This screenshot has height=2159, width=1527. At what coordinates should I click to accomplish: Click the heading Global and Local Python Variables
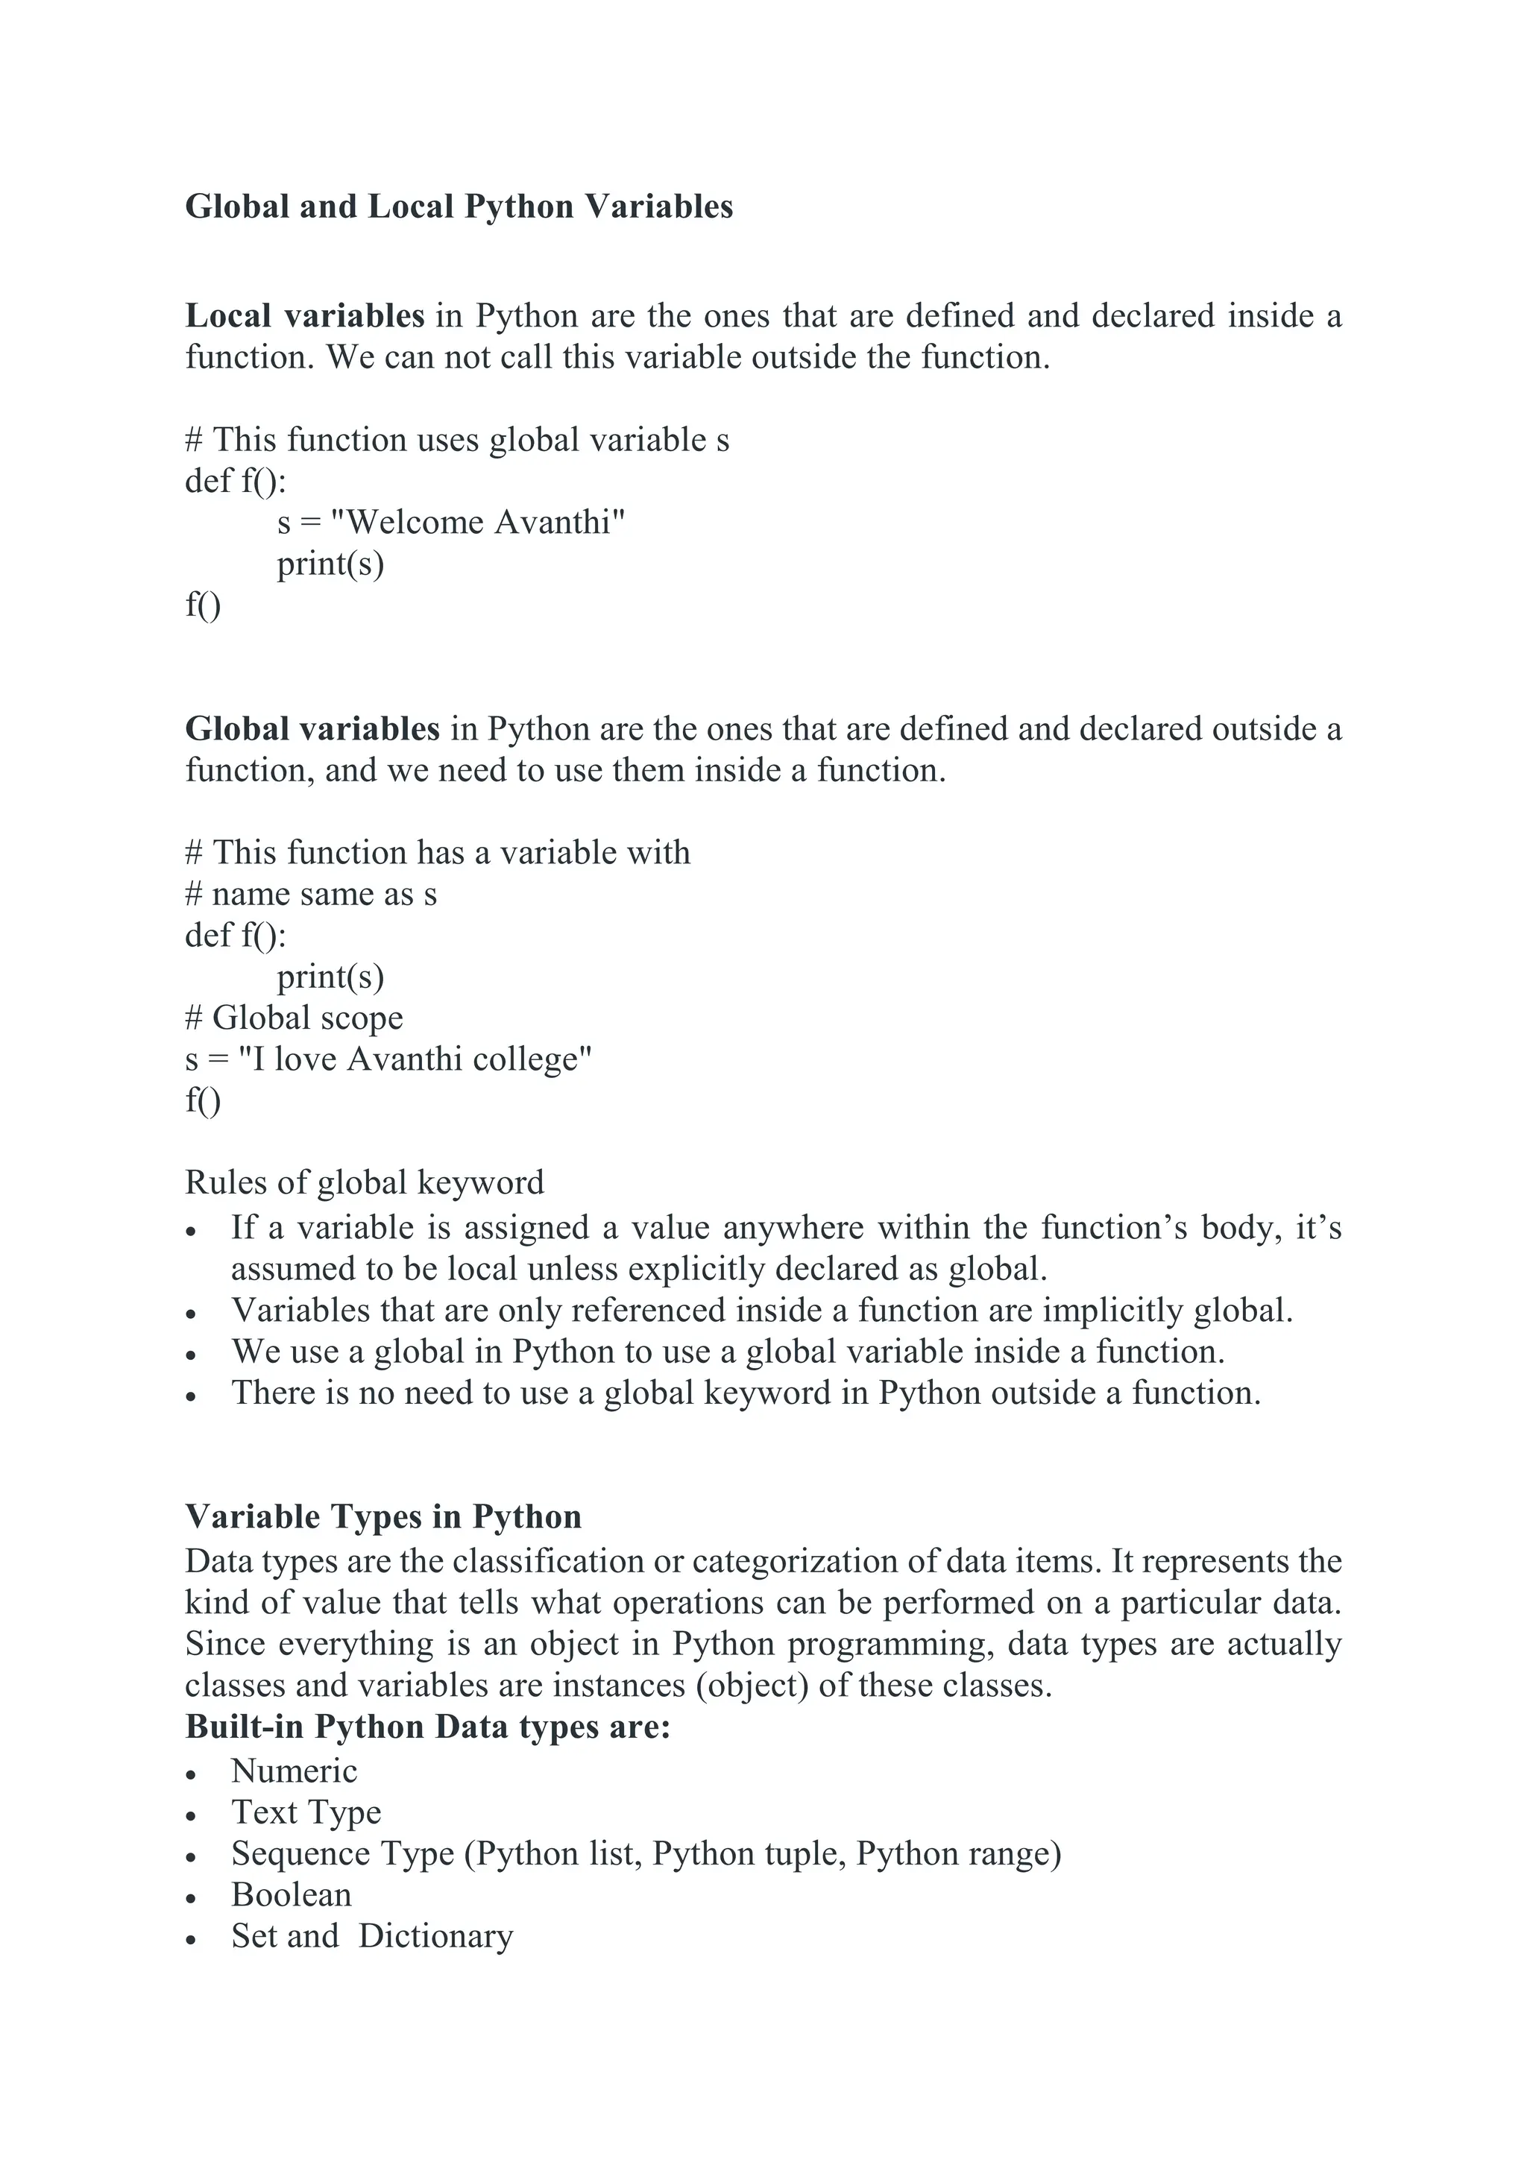(458, 207)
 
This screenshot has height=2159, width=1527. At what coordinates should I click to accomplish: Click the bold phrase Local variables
(305, 316)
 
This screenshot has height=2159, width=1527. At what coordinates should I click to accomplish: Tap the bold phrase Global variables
(312, 729)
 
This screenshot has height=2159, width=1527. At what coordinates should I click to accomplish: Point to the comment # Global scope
(295, 1018)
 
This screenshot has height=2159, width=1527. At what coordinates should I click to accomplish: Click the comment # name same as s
(311, 893)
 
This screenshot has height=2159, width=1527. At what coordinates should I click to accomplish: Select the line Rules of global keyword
(364, 1182)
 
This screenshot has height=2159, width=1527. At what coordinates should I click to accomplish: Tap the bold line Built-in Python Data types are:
(427, 1727)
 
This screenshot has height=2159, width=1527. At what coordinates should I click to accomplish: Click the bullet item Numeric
(295, 1771)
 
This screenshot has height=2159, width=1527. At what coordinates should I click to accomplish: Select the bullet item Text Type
(306, 1812)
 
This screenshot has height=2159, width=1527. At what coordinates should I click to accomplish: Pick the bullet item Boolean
(292, 1895)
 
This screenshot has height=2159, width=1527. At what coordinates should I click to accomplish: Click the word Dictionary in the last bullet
(435, 1936)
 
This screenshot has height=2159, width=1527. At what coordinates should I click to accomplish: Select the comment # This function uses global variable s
(457, 439)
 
